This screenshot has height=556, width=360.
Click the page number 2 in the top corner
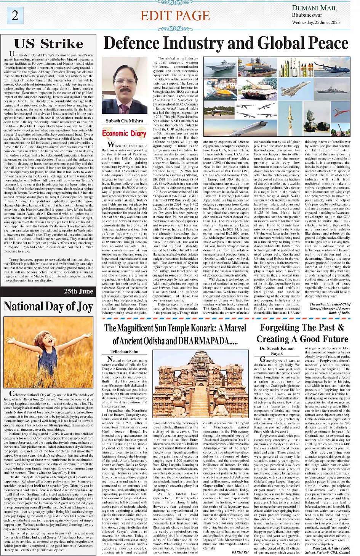pyautogui.click(x=15, y=15)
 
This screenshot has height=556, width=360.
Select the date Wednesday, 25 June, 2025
pyautogui.click(x=316, y=22)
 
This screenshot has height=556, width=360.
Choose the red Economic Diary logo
pyautogui.click(x=124, y=133)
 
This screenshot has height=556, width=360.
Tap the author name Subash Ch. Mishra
pyautogui.click(x=124, y=121)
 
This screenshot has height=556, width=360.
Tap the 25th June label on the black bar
pyautogui.click(x=78, y=291)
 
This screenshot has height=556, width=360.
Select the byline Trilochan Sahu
pyautogui.click(x=124, y=351)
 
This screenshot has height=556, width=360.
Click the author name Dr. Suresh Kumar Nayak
pyautogui.click(x=277, y=351)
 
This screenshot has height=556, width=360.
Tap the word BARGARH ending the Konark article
pyautogui.click(x=240, y=552)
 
